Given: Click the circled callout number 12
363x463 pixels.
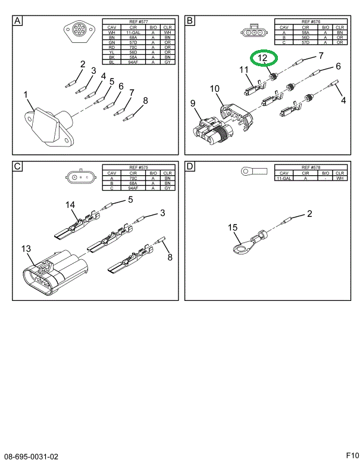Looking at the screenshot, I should coord(263,58).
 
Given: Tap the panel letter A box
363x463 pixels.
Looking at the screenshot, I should coord(18,21).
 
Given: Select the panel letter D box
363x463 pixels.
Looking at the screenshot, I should coord(190,167).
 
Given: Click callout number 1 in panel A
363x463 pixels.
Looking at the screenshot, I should coord(26,94).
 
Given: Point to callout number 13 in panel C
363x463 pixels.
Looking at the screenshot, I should coord(26,248).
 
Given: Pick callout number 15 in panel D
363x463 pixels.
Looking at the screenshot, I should coord(233,227).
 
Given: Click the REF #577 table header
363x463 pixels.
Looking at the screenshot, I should coord(139,21).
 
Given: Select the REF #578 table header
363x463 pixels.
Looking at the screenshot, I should coord(311,167).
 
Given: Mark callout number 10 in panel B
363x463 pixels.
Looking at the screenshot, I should coord(214,89).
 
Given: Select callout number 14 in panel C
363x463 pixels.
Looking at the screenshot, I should coord(71,206).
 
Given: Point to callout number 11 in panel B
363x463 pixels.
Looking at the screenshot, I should coord(244,70).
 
